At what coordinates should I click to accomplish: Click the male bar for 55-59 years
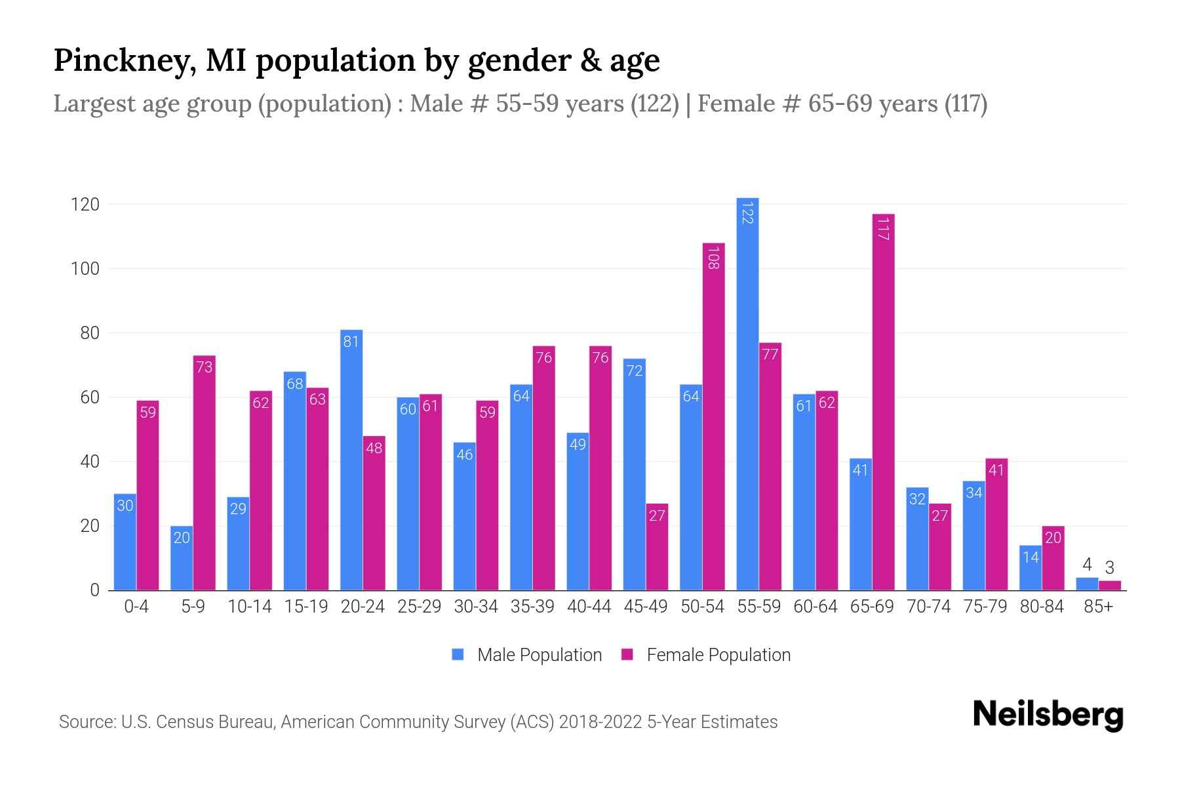(747, 393)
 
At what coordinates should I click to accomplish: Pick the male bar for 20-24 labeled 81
(351, 460)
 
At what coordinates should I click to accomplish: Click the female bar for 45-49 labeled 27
(657, 547)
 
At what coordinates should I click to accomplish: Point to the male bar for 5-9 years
(182, 558)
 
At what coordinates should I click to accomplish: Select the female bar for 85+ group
(1110, 585)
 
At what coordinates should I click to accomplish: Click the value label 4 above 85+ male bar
(1087, 564)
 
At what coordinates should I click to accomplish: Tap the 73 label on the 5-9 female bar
(205, 367)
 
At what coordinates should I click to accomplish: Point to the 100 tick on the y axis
(85, 269)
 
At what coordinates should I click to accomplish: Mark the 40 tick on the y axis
(89, 462)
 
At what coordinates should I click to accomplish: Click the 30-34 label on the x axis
(476, 607)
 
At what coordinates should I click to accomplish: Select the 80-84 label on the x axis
(1042, 607)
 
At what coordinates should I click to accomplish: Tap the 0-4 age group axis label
(136, 607)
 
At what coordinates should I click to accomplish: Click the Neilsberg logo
(1048, 715)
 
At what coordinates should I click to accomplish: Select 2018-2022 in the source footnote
(600, 722)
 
